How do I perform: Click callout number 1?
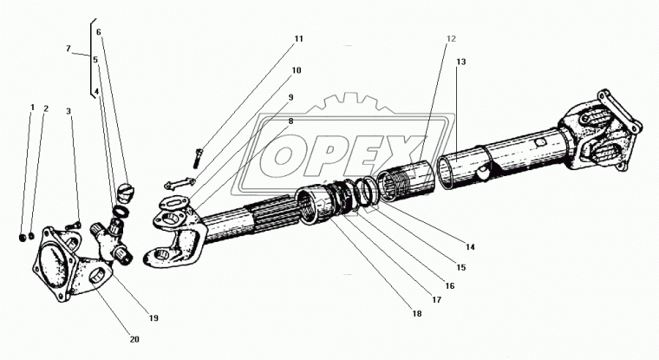33,108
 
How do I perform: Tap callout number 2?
46,108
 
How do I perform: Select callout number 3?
69,110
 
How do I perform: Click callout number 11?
298,39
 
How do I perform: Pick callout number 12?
451,38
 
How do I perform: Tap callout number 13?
461,62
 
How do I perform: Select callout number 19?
153,318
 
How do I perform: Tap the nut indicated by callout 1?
21,235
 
